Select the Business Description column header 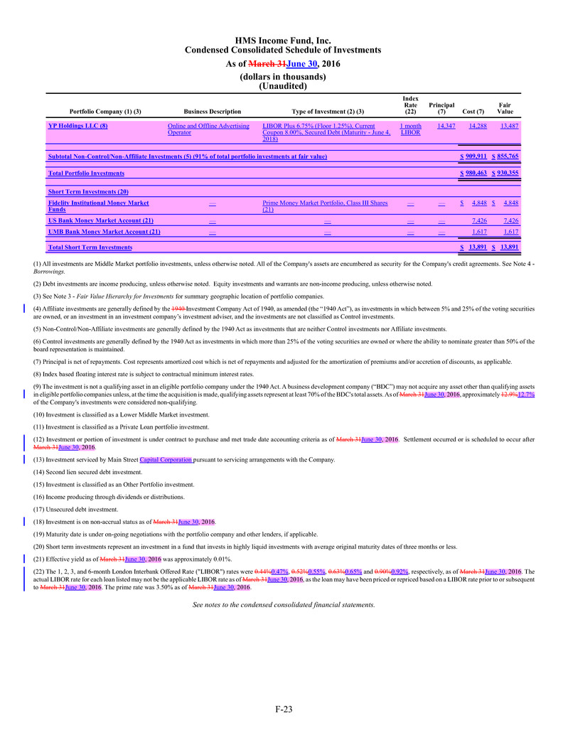tap(212, 112)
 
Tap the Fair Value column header tap(505, 108)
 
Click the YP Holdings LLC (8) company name tap(78, 126)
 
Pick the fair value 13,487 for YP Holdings tap(508, 126)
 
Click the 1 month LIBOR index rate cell tap(411, 129)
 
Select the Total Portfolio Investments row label tap(86, 173)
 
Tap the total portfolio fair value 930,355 tap(508, 173)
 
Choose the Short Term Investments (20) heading tap(87, 192)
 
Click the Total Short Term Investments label tap(90, 247)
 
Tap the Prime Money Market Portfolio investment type tap(325, 206)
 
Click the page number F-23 tap(283, 708)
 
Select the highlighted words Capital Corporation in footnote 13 tap(166, 460)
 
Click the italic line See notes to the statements tap(284, 605)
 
